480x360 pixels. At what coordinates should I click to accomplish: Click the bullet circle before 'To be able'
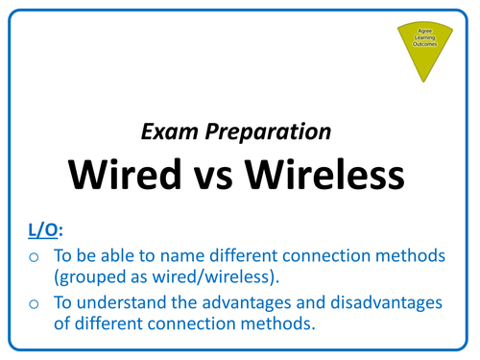[x=35, y=256]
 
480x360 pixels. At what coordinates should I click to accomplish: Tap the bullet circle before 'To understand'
[x=35, y=303]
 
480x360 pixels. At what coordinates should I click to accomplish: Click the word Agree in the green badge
[x=422, y=31]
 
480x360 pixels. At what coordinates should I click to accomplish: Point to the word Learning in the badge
[x=422, y=38]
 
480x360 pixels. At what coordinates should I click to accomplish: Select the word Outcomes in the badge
[x=422, y=45]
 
